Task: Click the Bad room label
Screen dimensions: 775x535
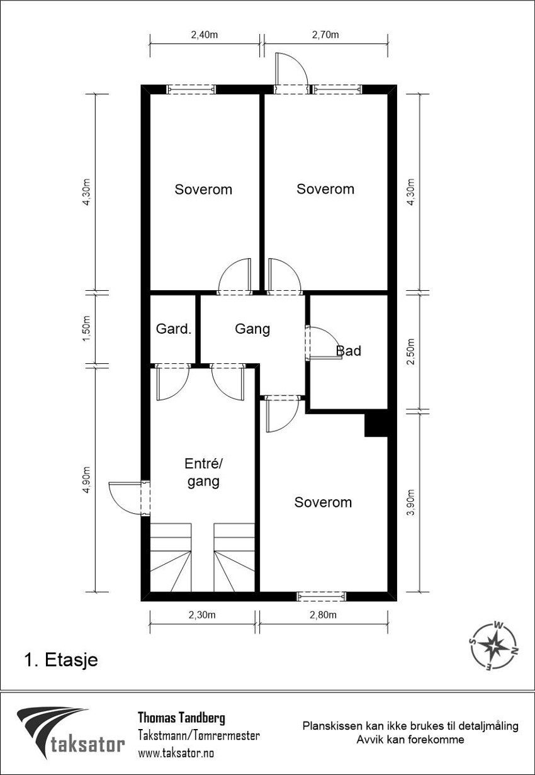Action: coord(349,351)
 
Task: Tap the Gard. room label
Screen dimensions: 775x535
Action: coord(174,329)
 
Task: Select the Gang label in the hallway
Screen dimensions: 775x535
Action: coord(252,329)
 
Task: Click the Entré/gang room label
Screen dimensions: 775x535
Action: coord(203,473)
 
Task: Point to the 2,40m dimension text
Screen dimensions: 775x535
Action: coord(205,35)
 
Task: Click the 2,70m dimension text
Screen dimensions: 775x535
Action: coord(325,35)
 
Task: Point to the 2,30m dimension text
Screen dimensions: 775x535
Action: coord(203,615)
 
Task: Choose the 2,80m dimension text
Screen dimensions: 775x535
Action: coord(324,615)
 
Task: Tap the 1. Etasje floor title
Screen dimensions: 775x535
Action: coord(61,660)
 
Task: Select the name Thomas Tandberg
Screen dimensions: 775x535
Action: coord(181,718)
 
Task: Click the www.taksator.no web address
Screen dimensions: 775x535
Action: coord(176,752)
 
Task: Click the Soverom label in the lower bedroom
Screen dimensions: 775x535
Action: coord(323,502)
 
